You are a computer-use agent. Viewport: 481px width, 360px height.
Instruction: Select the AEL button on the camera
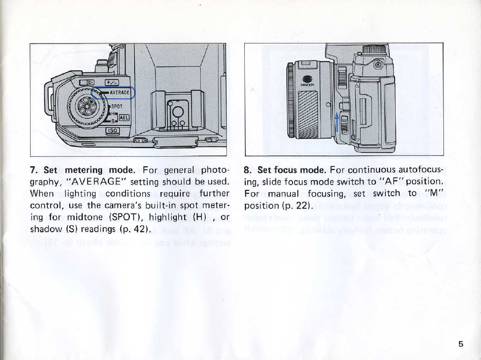point(122,119)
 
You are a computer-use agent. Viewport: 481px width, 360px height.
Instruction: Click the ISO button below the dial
point(113,130)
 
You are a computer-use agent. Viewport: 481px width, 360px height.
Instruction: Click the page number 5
point(461,344)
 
